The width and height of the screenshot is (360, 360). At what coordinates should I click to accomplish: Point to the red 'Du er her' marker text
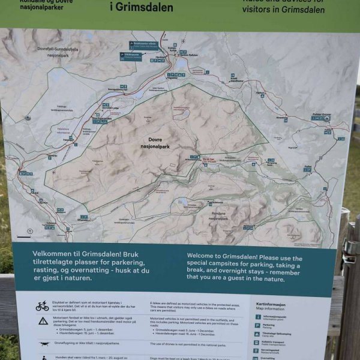(x=209, y=160)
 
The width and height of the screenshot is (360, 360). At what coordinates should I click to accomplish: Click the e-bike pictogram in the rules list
(x=42, y=307)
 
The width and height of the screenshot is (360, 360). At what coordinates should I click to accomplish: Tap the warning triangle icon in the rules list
(x=43, y=321)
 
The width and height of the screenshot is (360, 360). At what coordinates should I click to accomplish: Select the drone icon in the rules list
(x=43, y=344)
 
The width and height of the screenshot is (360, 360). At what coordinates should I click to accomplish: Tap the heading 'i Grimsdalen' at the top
(x=142, y=8)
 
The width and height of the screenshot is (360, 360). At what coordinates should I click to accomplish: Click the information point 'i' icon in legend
(x=259, y=316)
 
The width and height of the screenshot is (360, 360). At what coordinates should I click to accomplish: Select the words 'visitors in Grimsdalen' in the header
(x=283, y=10)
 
